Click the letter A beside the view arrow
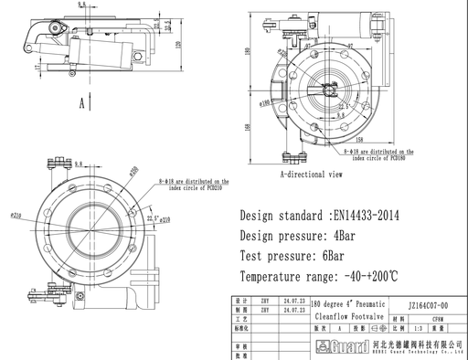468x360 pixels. pyautogui.click(x=81, y=104)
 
